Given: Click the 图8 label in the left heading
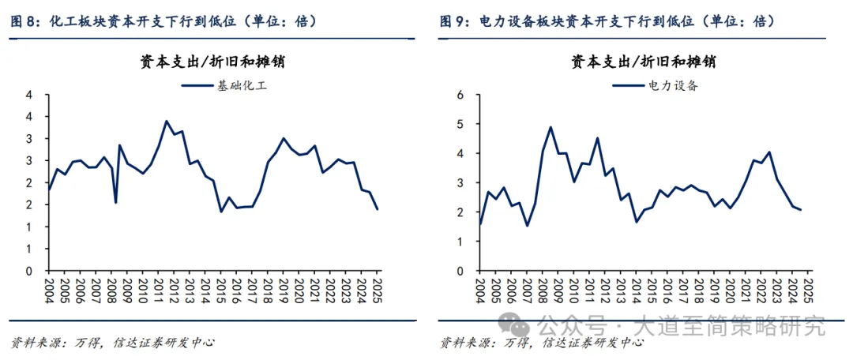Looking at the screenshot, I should (26, 21).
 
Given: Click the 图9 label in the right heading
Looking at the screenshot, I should (455, 21).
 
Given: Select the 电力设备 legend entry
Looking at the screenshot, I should (663, 85).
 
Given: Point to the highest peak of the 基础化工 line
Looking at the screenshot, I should (166, 122).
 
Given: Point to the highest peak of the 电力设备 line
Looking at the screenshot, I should (551, 127).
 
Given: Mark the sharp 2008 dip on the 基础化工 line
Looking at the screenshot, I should (116, 203).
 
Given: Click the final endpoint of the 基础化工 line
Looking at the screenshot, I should (377, 209).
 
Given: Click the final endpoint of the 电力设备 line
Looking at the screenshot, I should (801, 209).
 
